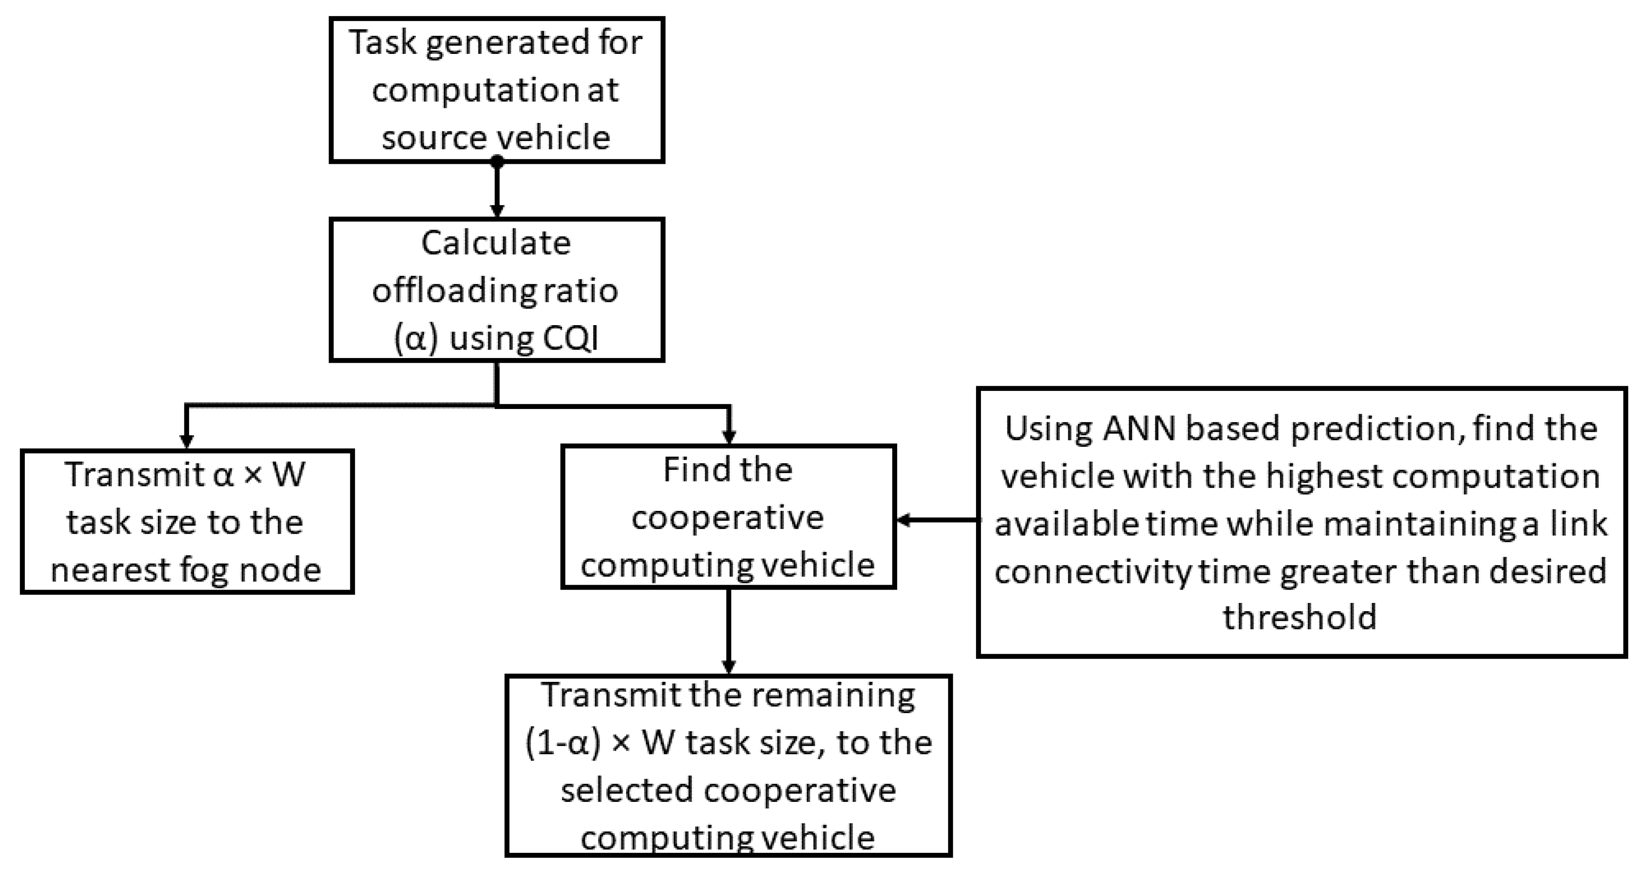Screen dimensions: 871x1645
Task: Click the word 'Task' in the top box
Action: pos(382,43)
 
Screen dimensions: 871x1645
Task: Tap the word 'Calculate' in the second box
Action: pos(496,243)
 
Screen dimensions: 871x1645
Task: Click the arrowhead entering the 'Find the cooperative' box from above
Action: pos(729,436)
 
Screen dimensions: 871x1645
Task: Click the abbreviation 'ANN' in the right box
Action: pos(1139,429)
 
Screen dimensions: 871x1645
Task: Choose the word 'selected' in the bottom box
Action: pos(627,791)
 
